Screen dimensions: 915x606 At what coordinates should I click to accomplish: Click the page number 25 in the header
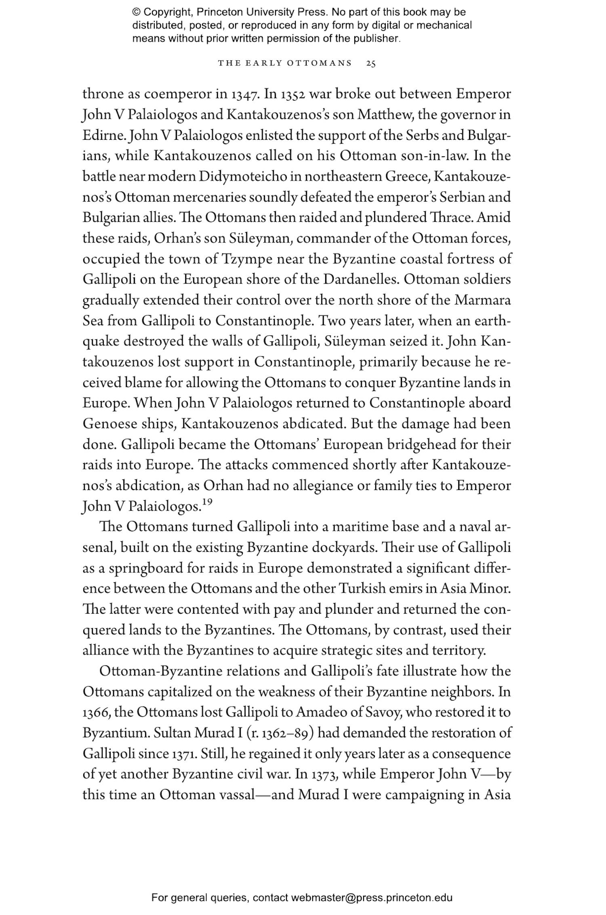click(x=370, y=63)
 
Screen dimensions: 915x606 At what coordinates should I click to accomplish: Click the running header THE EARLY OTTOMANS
click(x=285, y=63)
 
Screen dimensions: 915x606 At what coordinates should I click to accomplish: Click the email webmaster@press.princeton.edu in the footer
click(x=371, y=898)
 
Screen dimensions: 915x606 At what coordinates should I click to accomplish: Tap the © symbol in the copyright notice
click(x=136, y=12)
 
